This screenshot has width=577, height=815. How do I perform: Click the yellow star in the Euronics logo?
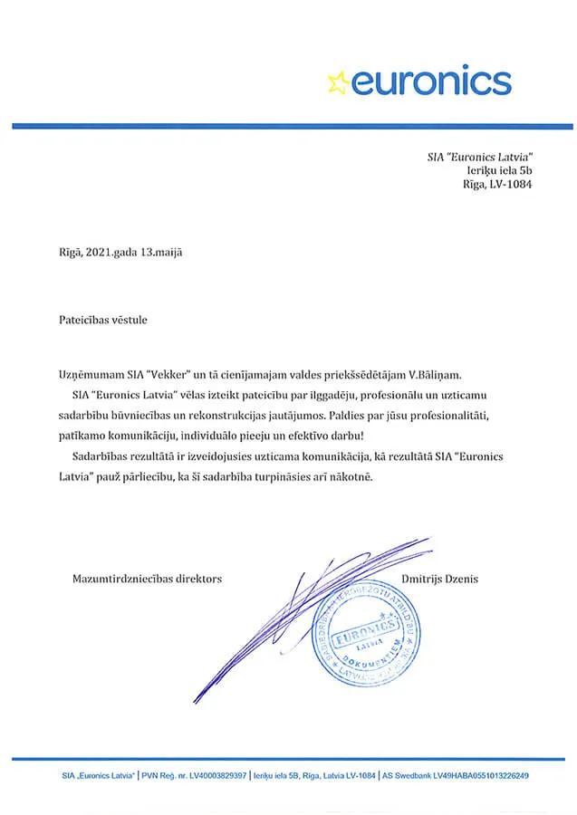coord(338,82)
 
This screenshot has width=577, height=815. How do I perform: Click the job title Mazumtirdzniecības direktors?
coord(147,578)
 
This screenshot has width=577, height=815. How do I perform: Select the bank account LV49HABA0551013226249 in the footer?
coord(479,776)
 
